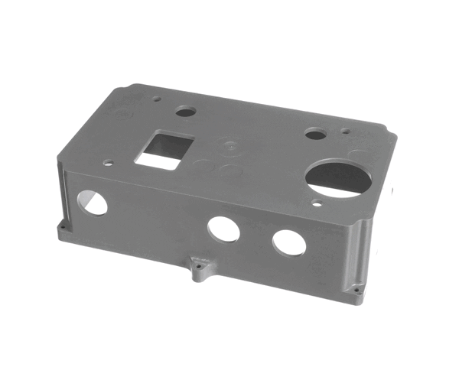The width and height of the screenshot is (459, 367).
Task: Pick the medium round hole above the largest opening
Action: pos(314,135)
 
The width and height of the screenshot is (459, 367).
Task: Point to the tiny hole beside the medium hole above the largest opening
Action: pos(346,131)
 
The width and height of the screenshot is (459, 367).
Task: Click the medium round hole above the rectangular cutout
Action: pos(185,112)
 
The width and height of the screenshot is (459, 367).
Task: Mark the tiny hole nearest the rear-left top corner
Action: pos(156,98)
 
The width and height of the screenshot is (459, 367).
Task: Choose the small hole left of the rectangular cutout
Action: pos(109,162)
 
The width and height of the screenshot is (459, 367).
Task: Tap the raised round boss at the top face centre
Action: pos(227,143)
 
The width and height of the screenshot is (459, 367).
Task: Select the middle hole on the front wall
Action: pos(223,229)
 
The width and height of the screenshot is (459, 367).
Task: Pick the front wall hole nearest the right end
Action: pos(289,242)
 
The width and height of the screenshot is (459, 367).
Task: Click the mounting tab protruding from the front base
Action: pos(201,269)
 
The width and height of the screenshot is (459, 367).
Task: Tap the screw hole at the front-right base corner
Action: pos(356,291)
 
